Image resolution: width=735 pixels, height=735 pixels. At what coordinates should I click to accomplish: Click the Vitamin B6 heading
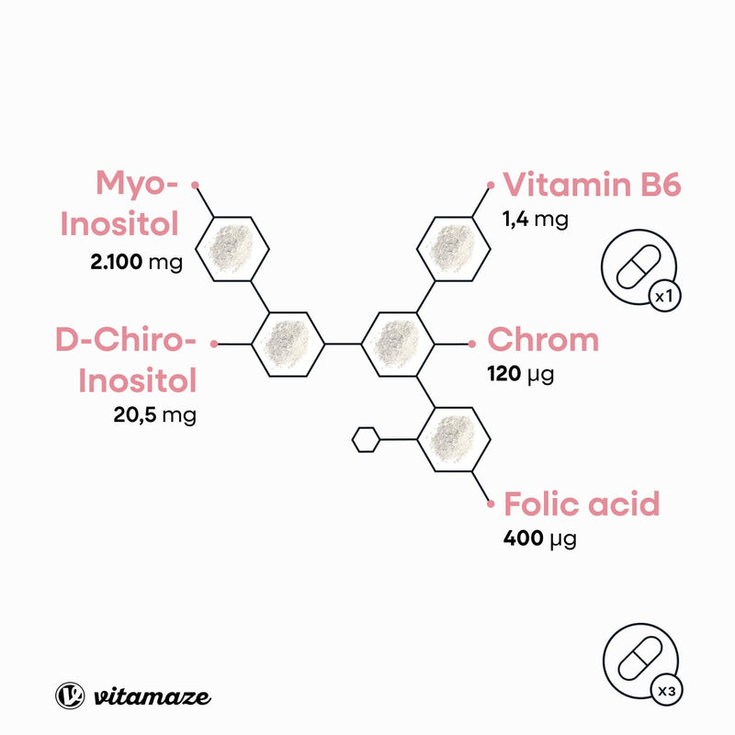592,185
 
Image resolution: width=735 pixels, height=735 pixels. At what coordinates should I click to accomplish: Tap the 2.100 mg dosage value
136,262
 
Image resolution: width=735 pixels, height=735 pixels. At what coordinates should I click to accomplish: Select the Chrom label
543,339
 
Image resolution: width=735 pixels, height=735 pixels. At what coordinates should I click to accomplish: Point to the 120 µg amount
520,375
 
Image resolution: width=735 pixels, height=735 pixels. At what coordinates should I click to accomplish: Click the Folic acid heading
582,503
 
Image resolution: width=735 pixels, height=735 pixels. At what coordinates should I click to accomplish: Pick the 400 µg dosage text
540,538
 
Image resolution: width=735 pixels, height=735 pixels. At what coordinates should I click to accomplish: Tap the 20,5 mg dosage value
154,415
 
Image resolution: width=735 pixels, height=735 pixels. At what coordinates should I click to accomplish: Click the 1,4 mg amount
536,220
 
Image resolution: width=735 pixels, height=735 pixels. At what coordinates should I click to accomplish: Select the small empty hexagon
366,440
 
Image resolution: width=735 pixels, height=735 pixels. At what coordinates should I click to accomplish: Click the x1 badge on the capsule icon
664,296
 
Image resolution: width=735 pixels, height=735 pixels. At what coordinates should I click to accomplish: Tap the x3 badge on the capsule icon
667,691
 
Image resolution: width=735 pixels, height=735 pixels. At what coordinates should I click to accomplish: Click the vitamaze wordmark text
153,696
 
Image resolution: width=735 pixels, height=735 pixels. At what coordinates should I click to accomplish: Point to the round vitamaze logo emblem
70,695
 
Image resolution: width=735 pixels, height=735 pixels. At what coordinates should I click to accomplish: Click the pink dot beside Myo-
195,186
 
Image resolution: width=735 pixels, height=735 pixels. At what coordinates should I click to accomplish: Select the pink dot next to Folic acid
491,504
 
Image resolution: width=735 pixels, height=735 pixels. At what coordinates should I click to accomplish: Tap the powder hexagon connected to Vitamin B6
453,249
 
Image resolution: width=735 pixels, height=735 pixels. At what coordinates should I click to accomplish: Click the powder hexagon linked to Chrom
398,344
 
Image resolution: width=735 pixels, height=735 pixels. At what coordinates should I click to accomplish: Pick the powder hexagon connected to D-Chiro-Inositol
288,344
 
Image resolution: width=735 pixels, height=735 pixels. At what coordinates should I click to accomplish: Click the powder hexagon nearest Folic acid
453,440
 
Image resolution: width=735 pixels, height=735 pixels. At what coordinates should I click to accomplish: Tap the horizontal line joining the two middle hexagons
343,344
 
